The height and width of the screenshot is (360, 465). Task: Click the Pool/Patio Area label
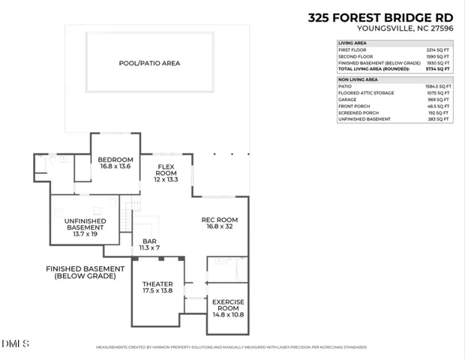(x=149, y=63)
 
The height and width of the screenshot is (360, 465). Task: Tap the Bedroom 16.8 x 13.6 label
(x=115, y=163)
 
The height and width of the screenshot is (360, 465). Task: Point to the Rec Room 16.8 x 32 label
(x=224, y=223)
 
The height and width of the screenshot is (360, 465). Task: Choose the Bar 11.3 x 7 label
(x=149, y=244)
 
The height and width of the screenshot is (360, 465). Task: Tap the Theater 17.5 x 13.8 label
(x=157, y=286)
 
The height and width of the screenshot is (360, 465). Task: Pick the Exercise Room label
(x=229, y=308)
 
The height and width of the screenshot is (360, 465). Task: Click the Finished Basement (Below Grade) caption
(x=85, y=272)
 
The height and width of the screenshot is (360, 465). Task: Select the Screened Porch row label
(x=360, y=112)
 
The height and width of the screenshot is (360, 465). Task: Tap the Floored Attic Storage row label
(x=367, y=94)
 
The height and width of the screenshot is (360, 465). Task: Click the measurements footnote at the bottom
(x=231, y=347)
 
